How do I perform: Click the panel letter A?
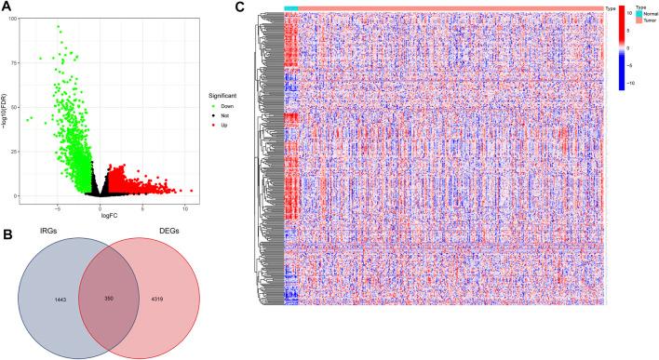[7, 8]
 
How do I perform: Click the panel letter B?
[7, 223]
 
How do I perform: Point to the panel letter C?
[239, 8]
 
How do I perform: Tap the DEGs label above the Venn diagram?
[195, 233]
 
